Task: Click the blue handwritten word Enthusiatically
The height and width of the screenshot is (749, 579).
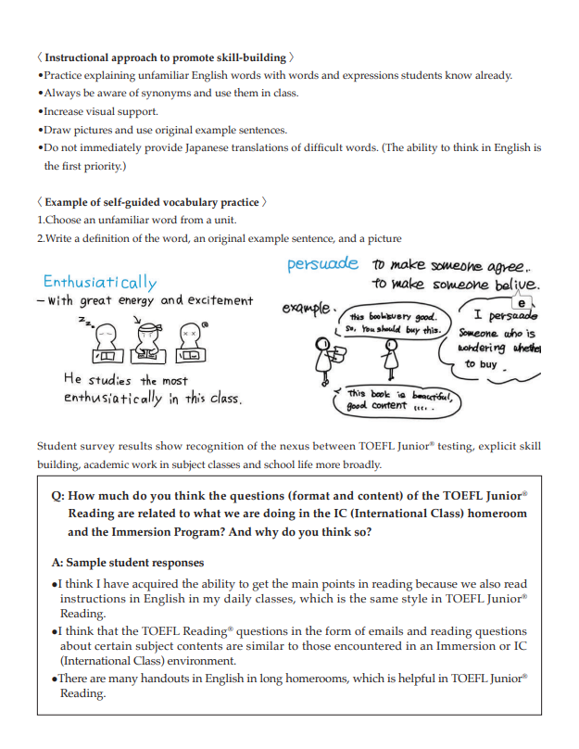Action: coord(100,282)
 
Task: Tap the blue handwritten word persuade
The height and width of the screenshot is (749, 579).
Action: coord(322,264)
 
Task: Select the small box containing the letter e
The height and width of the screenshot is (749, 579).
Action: coord(524,303)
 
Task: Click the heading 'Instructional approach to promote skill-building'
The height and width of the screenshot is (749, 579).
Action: coord(167,57)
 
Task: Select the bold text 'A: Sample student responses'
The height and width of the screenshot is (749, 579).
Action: coord(128,563)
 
